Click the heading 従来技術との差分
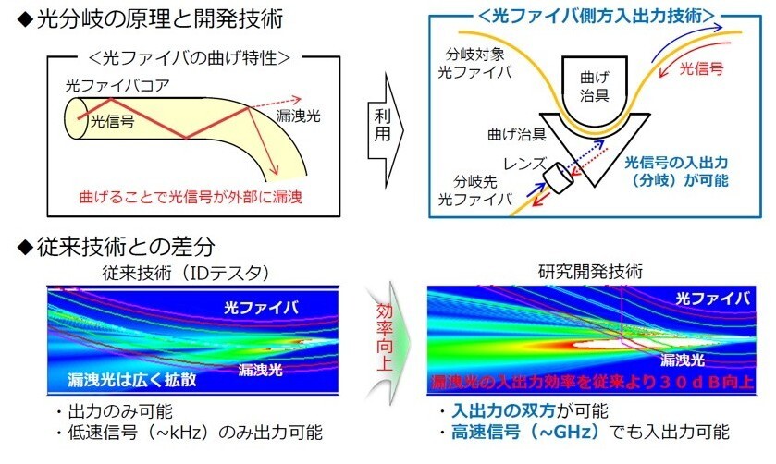click(121, 248)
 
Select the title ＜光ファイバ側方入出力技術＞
click(597, 16)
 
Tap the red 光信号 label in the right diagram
click(702, 67)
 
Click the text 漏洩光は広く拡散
click(125, 379)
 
